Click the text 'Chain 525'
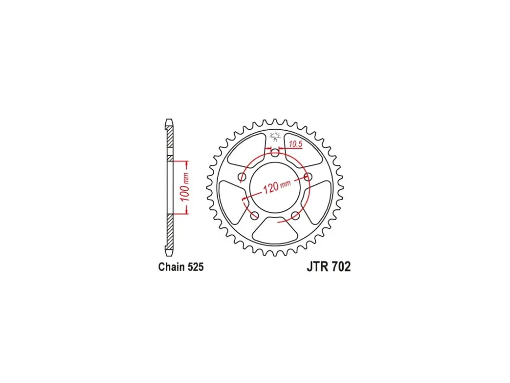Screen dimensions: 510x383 click(181, 267)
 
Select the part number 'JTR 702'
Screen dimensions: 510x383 click(328, 267)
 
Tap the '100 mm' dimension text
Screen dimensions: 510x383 click(185, 187)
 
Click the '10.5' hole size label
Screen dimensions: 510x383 click(295, 144)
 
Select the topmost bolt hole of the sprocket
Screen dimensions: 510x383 click(275, 153)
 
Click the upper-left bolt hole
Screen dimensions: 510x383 click(242, 177)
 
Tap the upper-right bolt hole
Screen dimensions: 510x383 click(308, 177)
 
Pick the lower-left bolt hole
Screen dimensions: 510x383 click(254, 216)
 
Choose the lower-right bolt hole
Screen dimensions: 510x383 click(295, 216)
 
